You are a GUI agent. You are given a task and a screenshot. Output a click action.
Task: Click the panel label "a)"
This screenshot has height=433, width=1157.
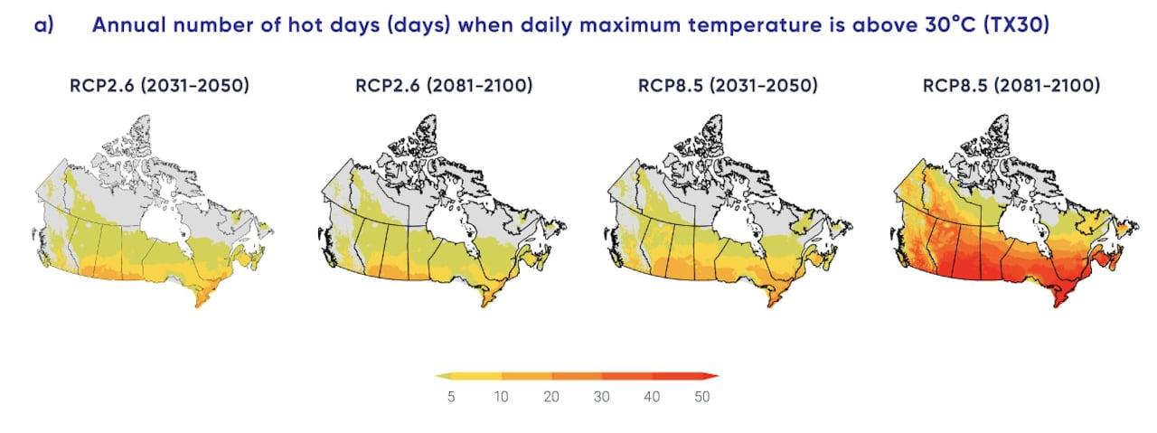pyautogui.click(x=43, y=25)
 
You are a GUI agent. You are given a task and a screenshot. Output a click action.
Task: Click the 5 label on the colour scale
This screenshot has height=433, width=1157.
pyautogui.click(x=451, y=397)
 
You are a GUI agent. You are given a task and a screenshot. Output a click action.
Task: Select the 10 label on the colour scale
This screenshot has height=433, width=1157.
pyautogui.click(x=501, y=397)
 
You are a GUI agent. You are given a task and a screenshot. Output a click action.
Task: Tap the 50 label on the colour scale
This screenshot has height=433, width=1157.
pyautogui.click(x=701, y=397)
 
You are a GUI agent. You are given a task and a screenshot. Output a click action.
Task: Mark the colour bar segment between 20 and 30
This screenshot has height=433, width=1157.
pyautogui.click(x=577, y=375)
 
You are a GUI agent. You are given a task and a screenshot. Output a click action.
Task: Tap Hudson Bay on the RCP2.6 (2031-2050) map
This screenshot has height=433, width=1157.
pyautogui.click(x=165, y=217)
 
